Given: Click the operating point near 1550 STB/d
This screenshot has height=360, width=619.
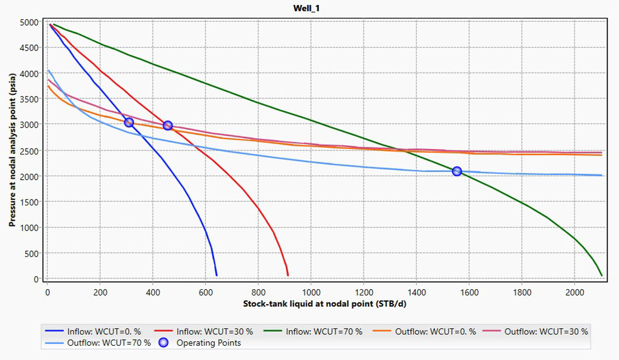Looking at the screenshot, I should click(x=457, y=172).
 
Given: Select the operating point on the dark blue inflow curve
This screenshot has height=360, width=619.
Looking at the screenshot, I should click(x=129, y=122).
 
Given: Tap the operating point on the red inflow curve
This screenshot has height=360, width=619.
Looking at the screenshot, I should click(x=168, y=125).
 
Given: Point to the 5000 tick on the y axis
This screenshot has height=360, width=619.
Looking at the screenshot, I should click(x=30, y=22).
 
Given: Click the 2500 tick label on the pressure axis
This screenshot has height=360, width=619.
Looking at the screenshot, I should click(x=30, y=151).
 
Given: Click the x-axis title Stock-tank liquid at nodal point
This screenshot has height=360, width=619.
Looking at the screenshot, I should click(x=309, y=304).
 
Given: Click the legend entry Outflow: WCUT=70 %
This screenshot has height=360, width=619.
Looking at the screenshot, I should click(x=104, y=343).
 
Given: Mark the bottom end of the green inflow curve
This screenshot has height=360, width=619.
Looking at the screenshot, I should click(x=601, y=275).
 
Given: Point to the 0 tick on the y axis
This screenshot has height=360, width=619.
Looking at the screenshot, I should click(x=36, y=279).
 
